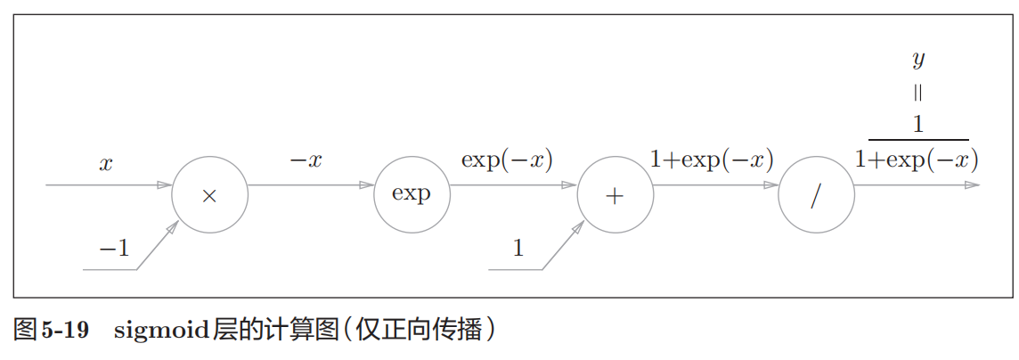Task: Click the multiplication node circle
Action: tap(209, 195)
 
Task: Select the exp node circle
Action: tap(412, 195)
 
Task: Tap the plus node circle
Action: tap(615, 195)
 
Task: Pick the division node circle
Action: tap(816, 195)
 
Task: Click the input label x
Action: tap(106, 165)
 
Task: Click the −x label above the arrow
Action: tap(306, 161)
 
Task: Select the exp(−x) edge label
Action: tap(507, 160)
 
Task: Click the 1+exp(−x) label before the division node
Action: tap(711, 160)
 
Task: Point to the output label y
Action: tap(918, 61)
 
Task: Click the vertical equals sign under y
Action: tap(918, 92)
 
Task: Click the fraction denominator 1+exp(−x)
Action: tap(917, 160)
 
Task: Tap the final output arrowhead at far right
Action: tap(972, 185)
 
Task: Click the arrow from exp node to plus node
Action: tap(512, 185)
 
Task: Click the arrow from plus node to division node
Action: tap(715, 185)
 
